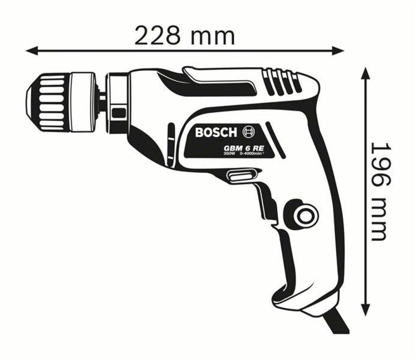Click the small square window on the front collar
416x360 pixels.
(119, 114)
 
